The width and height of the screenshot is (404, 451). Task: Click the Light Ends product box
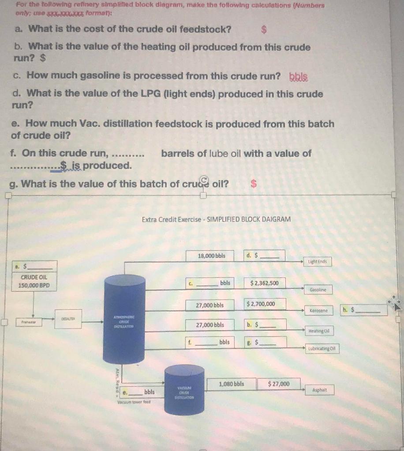(318, 262)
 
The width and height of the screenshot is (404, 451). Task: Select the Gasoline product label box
(318, 290)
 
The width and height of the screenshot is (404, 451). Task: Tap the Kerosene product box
(318, 311)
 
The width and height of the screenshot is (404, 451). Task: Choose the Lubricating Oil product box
(323, 349)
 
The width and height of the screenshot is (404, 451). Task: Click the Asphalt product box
(319, 390)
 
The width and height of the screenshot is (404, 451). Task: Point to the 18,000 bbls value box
(212, 256)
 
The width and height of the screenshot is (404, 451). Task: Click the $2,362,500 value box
(265, 283)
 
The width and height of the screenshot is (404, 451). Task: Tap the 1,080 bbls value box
(232, 384)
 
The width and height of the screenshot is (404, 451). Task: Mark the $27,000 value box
(279, 384)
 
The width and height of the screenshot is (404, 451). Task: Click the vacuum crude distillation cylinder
(185, 389)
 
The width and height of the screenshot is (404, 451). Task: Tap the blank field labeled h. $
(364, 310)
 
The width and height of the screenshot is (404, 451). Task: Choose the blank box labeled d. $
(264, 256)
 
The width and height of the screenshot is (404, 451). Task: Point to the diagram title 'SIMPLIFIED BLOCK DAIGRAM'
(216, 219)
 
